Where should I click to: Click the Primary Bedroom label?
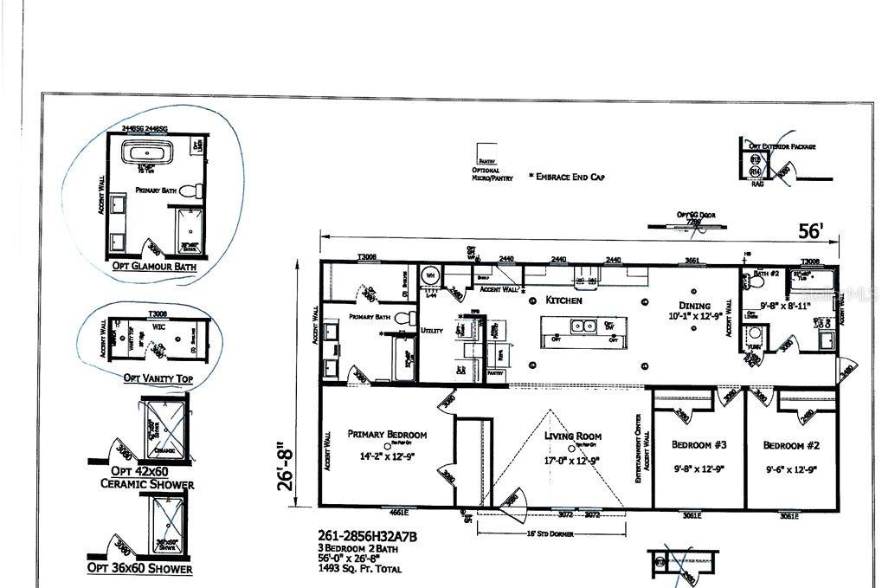coord(387,435)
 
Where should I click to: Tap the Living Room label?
coord(572,436)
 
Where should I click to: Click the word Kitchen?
coord(564,300)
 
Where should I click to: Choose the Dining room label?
coord(694,306)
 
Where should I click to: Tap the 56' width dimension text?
coord(810,231)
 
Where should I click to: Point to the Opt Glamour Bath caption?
coord(153,267)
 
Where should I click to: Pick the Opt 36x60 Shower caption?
coord(139,568)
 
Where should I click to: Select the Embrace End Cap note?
coord(566,177)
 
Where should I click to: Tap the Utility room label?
coord(432,330)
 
